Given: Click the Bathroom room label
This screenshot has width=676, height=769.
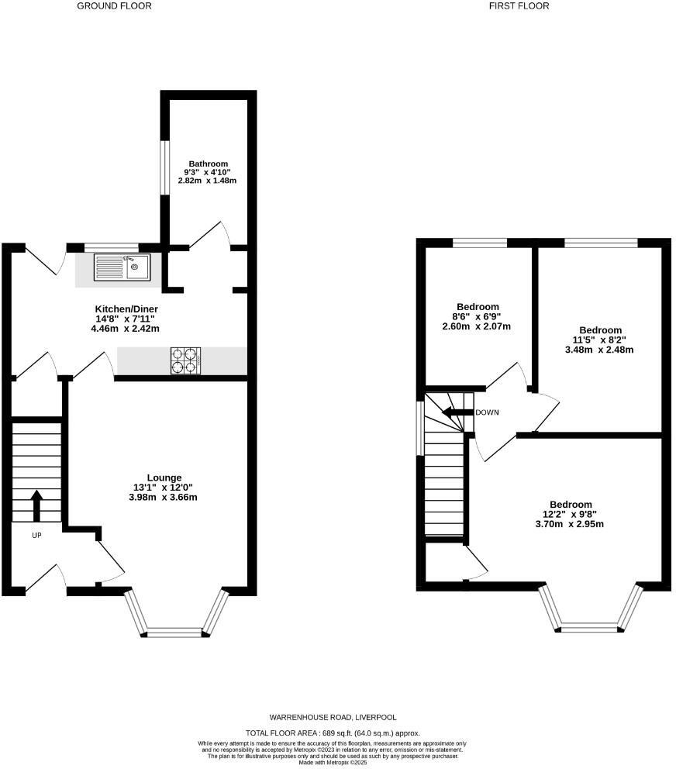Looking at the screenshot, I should click(206, 164).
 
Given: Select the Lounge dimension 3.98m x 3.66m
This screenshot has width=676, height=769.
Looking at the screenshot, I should click(164, 497).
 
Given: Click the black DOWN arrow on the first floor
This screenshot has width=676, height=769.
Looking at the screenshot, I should click(457, 412).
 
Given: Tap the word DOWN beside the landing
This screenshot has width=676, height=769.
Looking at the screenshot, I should click(487, 412).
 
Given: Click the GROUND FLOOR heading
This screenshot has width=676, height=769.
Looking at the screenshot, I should click(115, 6).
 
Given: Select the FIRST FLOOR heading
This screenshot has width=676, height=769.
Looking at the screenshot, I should click(519, 6).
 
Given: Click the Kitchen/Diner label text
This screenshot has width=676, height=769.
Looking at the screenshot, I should click(125, 309).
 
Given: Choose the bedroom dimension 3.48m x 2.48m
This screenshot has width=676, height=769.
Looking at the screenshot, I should click(599, 350).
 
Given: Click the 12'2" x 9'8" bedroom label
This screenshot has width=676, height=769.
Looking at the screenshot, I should click(571, 513).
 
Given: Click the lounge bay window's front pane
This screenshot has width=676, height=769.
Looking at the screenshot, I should click(175, 632).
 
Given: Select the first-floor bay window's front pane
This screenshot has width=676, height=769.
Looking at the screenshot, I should click(591, 627).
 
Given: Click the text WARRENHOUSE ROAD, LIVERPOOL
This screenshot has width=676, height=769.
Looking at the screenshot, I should click(333, 717).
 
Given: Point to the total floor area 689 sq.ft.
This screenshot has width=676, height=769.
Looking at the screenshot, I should click(333, 732).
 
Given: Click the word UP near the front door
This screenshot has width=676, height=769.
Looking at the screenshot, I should click(36, 536).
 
